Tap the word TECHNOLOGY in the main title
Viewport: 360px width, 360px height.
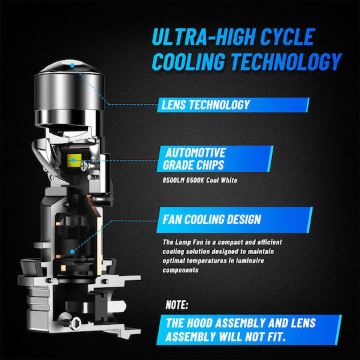(286, 61)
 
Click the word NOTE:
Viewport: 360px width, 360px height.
(177, 305)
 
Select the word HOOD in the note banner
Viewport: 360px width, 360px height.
(199, 323)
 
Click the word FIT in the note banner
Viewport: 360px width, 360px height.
(277, 337)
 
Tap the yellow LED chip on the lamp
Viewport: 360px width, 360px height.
(75, 160)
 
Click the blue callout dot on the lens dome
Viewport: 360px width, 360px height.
(72, 65)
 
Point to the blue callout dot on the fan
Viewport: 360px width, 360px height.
(72, 251)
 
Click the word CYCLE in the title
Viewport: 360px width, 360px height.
(287, 37)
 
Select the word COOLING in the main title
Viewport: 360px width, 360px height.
(189, 61)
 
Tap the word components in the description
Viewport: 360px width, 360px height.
(181, 270)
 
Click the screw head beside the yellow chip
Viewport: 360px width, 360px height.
(84, 167)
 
